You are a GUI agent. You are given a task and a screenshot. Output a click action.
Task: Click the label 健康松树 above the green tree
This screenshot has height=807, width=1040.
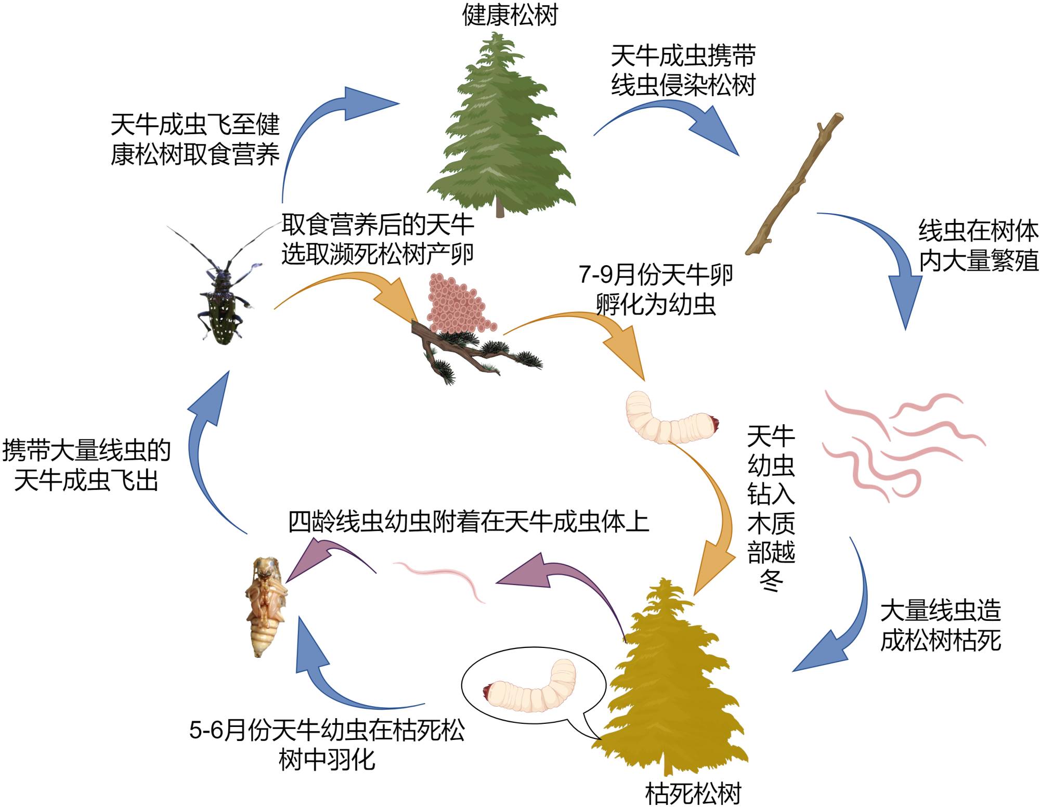(510, 15)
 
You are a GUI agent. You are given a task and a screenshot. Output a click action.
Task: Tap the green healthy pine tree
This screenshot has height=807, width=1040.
(499, 130)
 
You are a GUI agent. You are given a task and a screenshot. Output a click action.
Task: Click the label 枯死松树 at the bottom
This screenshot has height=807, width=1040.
(693, 793)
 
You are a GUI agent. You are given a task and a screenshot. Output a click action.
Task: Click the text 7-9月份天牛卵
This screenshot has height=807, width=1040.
(656, 275)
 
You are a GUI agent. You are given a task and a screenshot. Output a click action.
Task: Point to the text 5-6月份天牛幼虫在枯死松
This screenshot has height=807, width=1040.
(327, 730)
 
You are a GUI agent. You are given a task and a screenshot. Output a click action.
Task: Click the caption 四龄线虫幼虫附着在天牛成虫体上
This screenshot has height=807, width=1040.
(468, 522)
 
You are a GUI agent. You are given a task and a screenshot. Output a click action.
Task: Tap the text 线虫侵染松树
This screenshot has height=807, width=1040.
(682, 85)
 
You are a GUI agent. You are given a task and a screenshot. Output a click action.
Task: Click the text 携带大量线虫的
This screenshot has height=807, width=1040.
(86, 450)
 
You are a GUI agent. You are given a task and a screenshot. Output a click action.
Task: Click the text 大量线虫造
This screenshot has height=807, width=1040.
(940, 610)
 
